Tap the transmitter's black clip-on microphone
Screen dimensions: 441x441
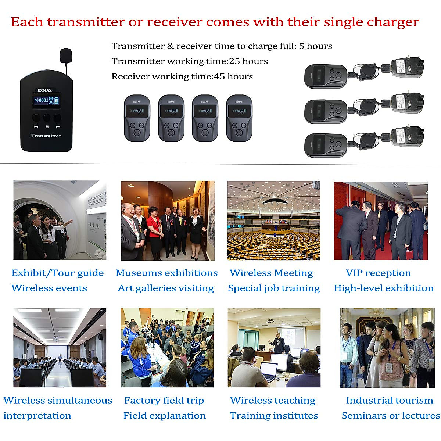click(66, 55)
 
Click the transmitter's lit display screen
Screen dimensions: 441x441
click(47, 100)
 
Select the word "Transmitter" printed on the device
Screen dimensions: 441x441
click(46, 136)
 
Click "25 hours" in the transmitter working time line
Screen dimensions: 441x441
click(248, 61)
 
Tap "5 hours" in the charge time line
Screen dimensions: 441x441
click(315, 46)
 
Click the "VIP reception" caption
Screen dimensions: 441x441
click(378, 273)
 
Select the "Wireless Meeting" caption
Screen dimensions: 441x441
click(271, 273)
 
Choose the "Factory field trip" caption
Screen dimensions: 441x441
click(164, 400)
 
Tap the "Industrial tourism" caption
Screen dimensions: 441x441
click(390, 400)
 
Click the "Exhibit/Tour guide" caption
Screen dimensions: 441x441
click(58, 273)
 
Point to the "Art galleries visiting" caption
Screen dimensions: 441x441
click(166, 288)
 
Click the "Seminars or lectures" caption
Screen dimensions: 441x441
click(391, 416)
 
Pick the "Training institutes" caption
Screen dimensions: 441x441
click(274, 416)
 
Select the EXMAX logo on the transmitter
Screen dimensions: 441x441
click(44, 90)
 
